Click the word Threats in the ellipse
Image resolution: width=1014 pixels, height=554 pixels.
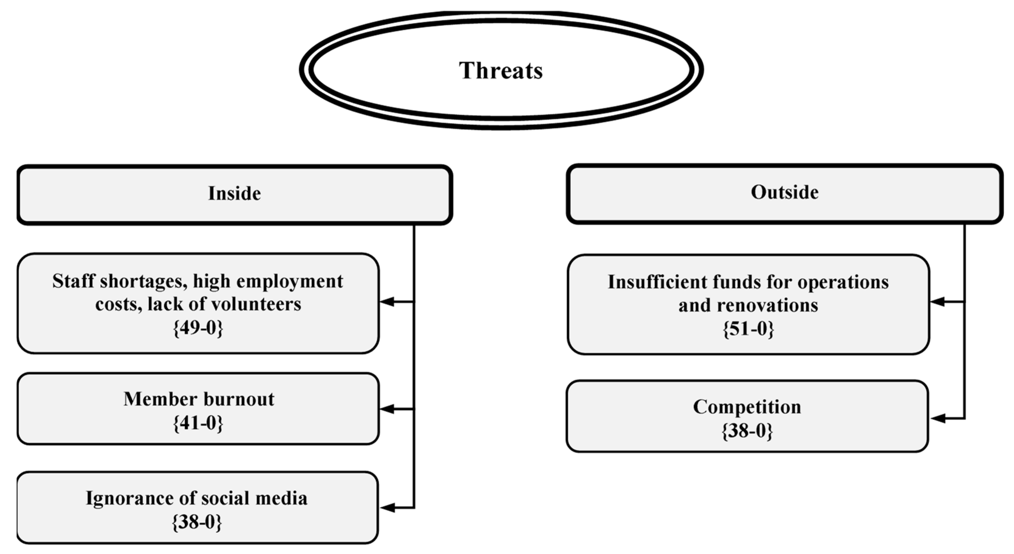(x=501, y=71)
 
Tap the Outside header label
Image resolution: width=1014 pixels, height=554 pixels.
(x=785, y=193)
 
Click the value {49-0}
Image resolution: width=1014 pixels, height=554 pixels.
(x=198, y=328)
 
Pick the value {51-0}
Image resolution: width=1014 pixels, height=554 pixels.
(x=748, y=329)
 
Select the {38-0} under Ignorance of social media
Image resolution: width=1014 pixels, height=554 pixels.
(x=197, y=523)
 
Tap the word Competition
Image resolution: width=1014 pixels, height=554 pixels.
(x=747, y=407)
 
